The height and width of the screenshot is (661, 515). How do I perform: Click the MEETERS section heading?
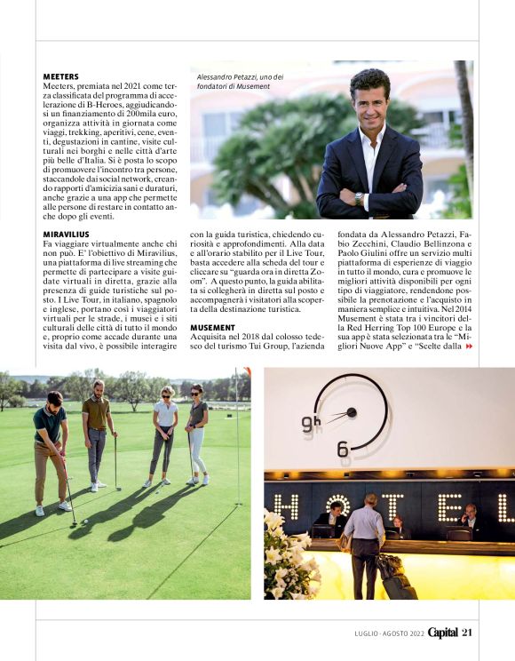[x=60, y=77]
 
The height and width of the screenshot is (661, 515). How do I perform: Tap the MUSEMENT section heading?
[x=212, y=328]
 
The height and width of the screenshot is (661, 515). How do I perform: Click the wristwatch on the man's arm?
[x=358, y=197]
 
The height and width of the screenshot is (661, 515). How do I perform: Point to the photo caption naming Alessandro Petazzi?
[x=234, y=82]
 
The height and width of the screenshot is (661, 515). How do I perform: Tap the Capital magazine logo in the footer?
[x=442, y=632]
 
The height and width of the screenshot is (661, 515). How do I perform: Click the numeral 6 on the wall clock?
[x=343, y=449]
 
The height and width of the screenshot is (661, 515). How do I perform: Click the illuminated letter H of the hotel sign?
[x=286, y=507]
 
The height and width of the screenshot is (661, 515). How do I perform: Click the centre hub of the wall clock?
[x=352, y=412]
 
